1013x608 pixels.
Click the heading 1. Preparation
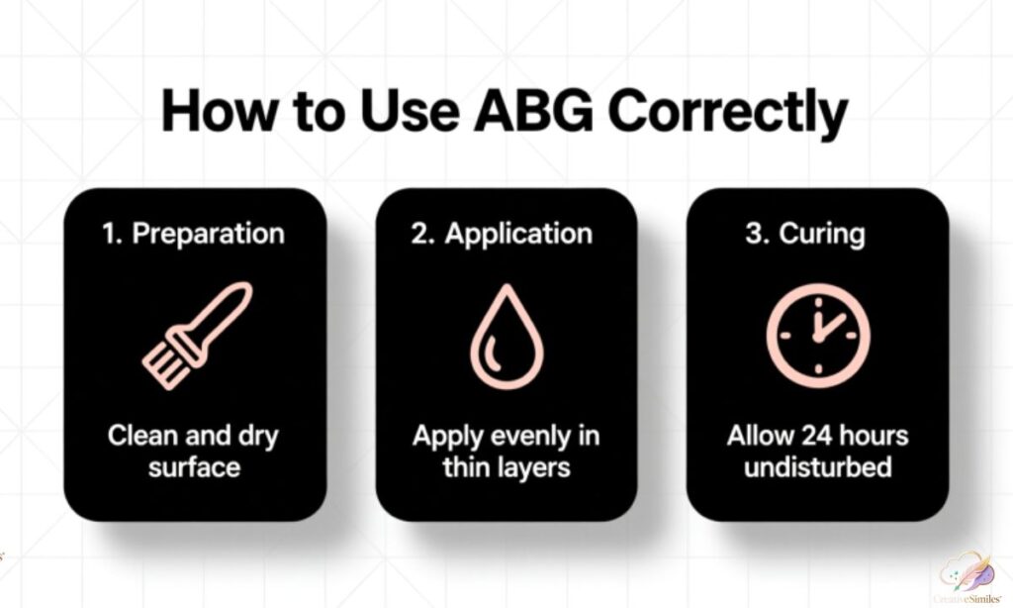pos(194,234)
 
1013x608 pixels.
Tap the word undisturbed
pos(817,466)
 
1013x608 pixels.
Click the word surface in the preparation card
pos(195,466)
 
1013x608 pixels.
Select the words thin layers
pos(506,466)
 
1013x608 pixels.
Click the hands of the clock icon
pos(823,324)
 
